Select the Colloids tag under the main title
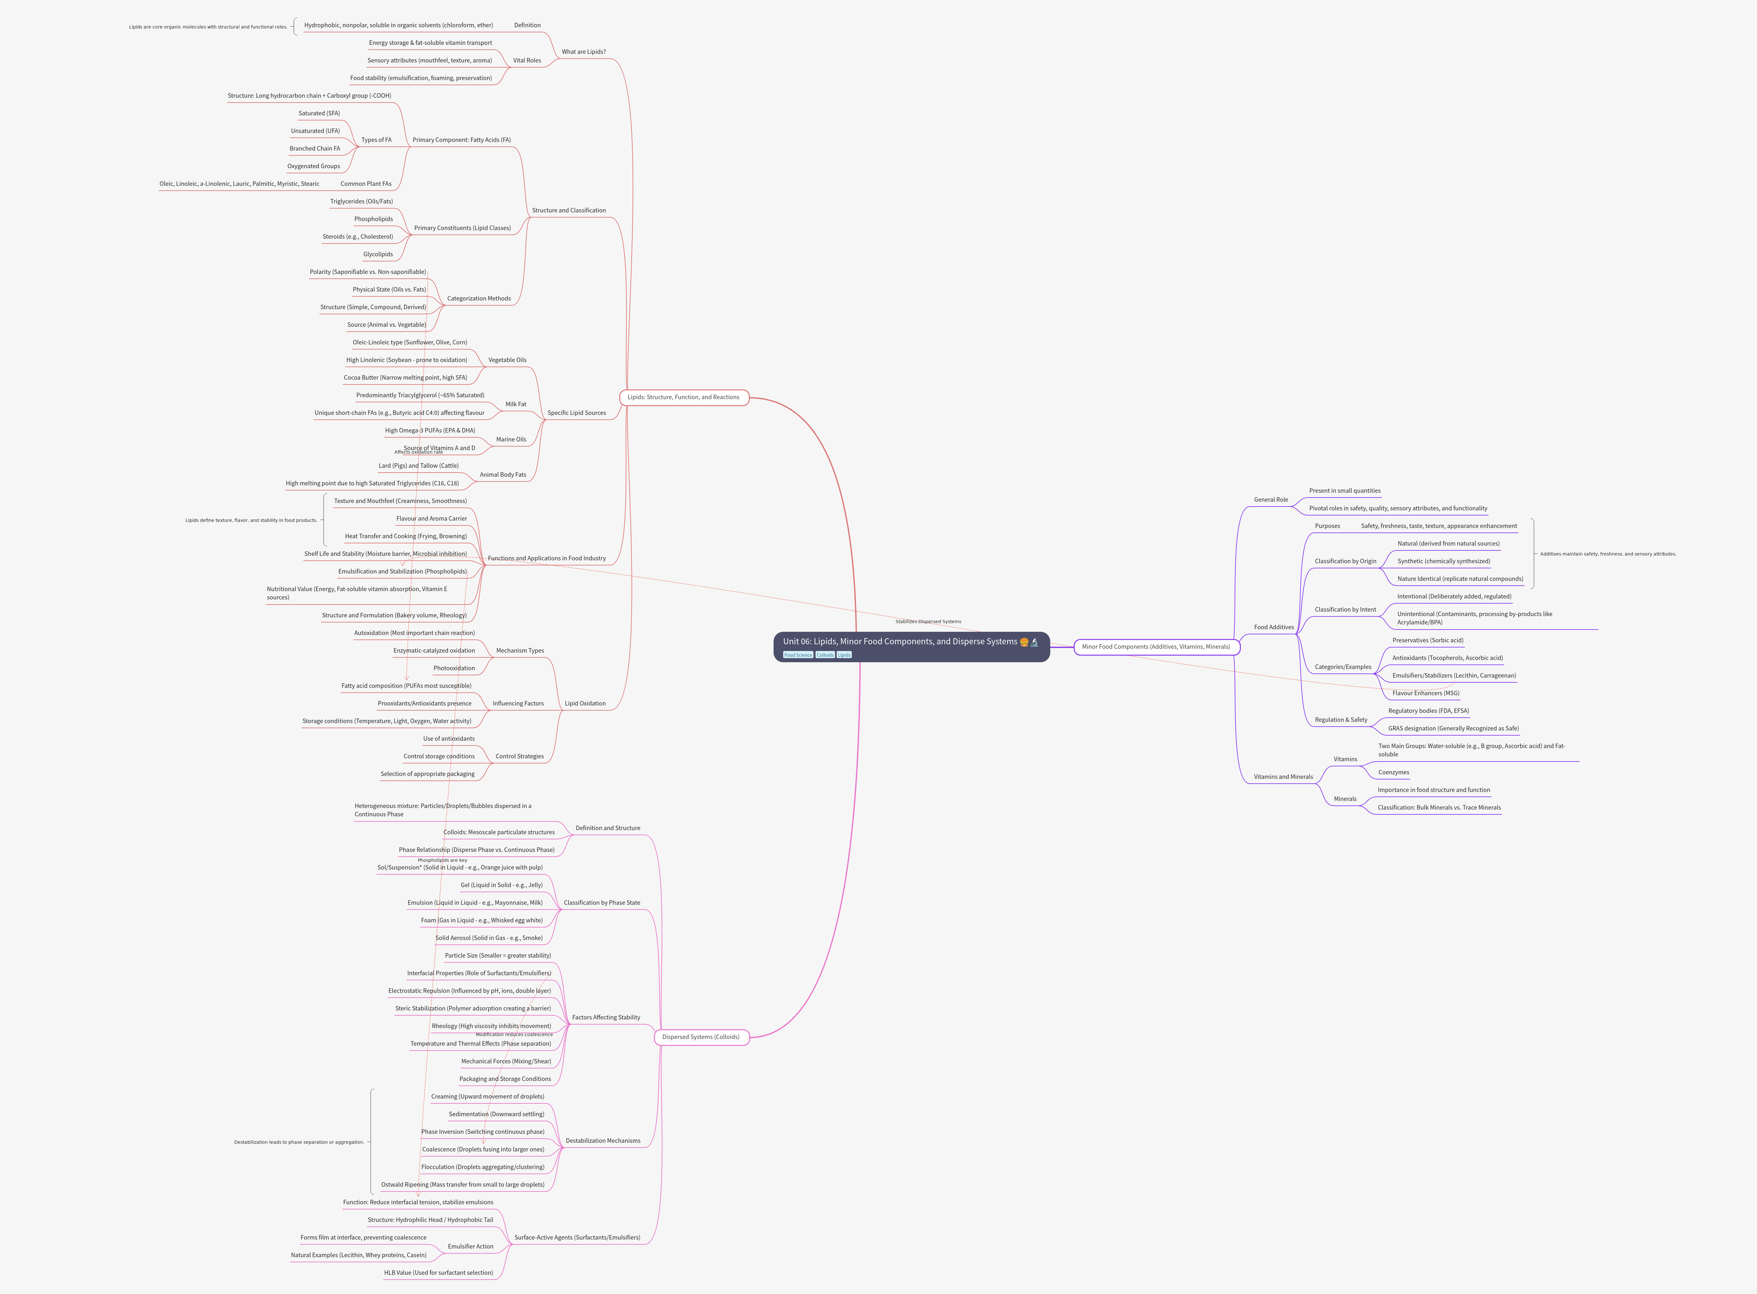825,655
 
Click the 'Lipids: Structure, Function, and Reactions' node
683,397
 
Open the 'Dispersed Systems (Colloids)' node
700,1037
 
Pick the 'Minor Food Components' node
1156,647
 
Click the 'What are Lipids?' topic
584,52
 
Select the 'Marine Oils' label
511,440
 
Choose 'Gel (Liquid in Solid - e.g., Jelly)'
501,885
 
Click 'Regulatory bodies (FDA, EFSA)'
1428,711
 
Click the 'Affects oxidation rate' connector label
418,452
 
